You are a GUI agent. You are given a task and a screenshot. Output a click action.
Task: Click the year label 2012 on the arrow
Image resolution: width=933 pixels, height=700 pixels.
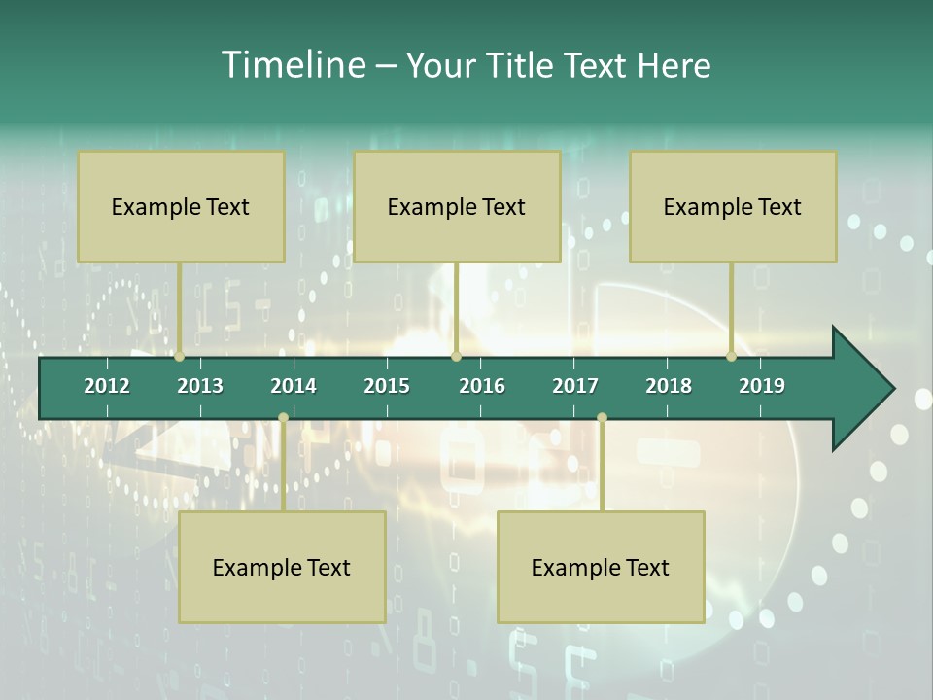[107, 386]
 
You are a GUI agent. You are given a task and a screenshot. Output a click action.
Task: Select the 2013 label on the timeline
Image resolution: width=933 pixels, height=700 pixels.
[200, 386]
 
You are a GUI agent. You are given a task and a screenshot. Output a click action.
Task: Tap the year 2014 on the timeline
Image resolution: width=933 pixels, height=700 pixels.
[294, 386]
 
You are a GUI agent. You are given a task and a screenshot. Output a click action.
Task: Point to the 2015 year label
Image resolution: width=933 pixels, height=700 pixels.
[387, 386]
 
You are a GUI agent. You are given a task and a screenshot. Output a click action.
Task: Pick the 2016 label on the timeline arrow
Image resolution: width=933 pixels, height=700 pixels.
[482, 386]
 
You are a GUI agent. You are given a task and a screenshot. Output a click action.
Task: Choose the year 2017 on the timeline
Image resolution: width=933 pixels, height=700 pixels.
[575, 386]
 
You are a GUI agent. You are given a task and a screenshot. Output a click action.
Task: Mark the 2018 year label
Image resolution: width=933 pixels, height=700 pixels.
[669, 386]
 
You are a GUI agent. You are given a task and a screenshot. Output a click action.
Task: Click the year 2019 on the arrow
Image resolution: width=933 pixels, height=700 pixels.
[762, 386]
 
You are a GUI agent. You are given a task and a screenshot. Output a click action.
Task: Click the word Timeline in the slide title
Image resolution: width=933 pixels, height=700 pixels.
[293, 65]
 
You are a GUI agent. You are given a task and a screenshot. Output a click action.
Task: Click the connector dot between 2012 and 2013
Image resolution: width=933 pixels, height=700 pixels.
[180, 357]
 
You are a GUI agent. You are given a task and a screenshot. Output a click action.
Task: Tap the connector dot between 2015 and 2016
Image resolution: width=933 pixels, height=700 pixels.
[456, 357]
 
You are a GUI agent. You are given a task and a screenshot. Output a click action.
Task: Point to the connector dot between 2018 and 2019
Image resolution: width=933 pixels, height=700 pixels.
[732, 357]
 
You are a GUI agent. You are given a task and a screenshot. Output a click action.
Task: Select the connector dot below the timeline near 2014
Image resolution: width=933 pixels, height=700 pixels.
[283, 418]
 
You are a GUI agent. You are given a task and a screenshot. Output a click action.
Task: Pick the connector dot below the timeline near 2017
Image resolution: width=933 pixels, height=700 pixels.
[602, 418]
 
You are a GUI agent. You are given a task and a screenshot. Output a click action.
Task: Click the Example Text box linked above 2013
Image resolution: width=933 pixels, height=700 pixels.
[181, 206]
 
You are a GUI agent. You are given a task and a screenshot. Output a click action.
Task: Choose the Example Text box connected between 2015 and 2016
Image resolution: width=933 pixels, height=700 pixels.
[457, 206]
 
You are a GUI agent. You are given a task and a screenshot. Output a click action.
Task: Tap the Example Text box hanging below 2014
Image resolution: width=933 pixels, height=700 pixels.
[282, 567]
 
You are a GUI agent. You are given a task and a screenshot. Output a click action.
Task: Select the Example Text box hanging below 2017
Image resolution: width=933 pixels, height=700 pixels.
[601, 567]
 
